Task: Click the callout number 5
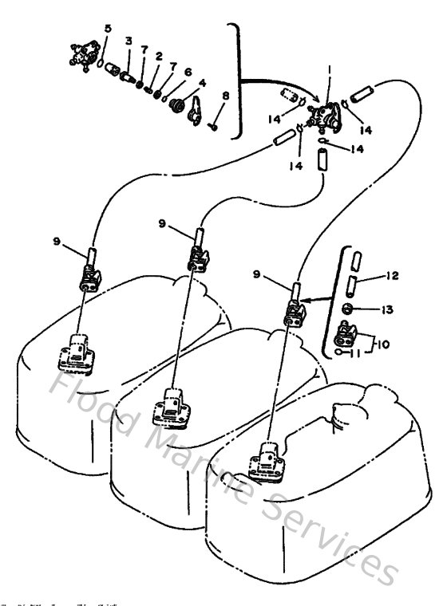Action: [108, 29]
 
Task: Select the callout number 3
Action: [128, 41]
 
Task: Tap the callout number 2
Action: [159, 56]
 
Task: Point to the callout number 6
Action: [188, 72]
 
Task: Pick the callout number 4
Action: [202, 82]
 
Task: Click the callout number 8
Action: [225, 96]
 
